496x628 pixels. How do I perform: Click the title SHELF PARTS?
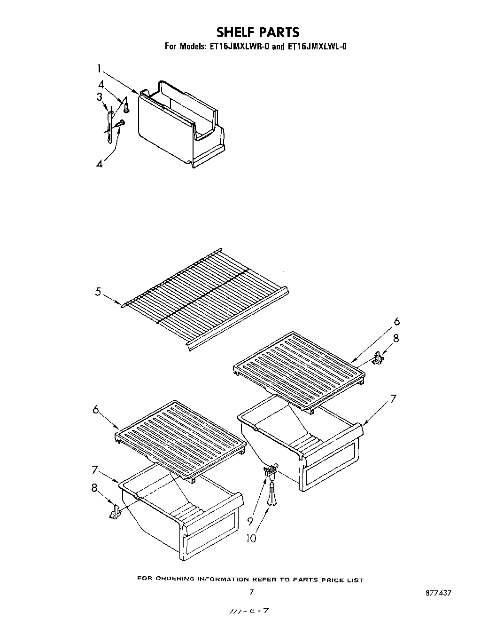coord(257,32)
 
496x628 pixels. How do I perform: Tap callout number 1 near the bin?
coord(99,69)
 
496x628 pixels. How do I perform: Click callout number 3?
coord(99,97)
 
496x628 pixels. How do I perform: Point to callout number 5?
coord(98,292)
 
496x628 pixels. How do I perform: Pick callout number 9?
coord(250,521)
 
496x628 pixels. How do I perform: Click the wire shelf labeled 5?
coord(207,301)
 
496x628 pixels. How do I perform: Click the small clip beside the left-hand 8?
coord(115,512)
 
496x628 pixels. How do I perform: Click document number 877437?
coord(438,593)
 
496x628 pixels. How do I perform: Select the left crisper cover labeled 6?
coord(181,437)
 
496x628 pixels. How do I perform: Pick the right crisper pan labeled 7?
coord(301,447)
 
